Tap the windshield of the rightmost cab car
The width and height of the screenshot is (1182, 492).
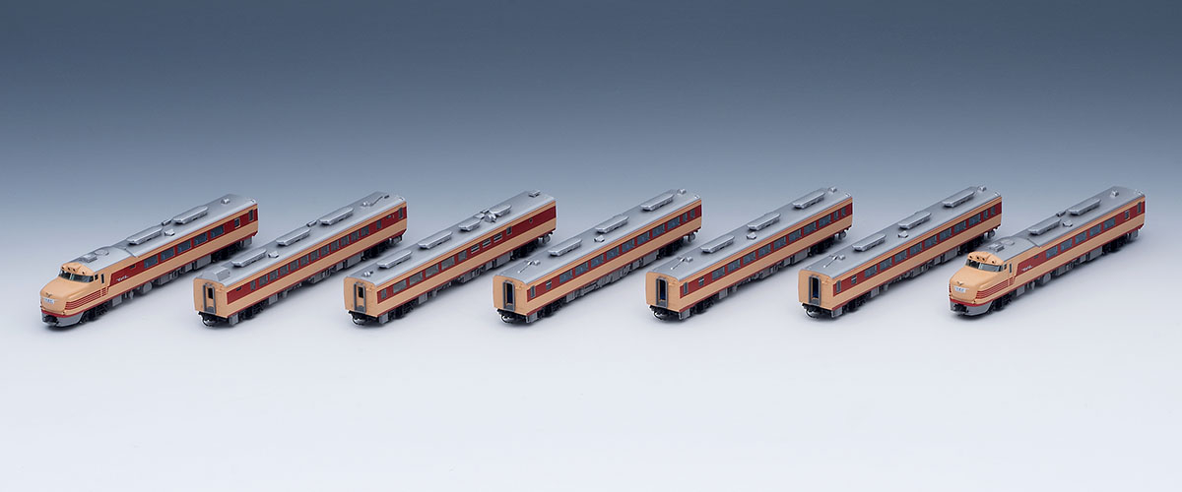click(983, 266)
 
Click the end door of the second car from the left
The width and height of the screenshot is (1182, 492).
click(209, 298)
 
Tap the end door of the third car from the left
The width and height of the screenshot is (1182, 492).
click(360, 295)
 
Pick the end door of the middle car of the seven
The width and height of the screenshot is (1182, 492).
click(508, 293)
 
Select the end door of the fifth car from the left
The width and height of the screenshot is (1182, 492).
click(661, 291)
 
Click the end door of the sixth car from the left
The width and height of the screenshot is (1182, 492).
click(814, 288)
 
